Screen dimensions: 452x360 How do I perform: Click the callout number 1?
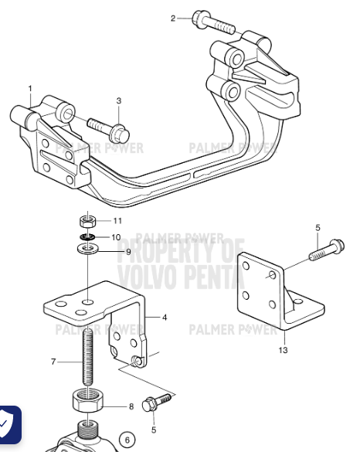pyautogui.click(x=30, y=89)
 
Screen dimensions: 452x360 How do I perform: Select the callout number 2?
pyautogui.click(x=173, y=17)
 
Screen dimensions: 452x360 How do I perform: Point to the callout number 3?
pyautogui.click(x=119, y=101)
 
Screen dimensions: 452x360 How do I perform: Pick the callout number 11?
pyautogui.click(x=117, y=222)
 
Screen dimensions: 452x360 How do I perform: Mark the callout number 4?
pyautogui.click(x=165, y=317)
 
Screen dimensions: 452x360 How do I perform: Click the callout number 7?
pyautogui.click(x=53, y=362)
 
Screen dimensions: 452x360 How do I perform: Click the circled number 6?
pyautogui.click(x=128, y=440)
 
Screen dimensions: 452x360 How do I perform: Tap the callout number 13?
pyautogui.click(x=283, y=350)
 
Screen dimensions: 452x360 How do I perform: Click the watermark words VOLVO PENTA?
pyautogui.click(x=179, y=276)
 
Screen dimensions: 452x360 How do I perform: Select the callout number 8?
pyautogui.click(x=131, y=406)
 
